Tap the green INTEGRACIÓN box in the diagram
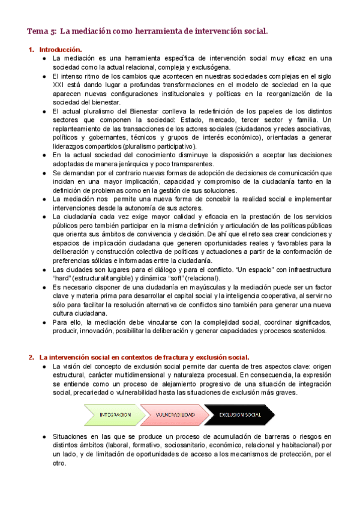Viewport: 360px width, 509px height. click(x=115, y=415)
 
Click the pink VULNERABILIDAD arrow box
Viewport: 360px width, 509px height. click(x=175, y=415)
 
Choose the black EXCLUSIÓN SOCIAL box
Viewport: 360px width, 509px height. click(x=240, y=415)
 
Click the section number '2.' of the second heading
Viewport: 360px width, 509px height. click(x=31, y=357)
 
